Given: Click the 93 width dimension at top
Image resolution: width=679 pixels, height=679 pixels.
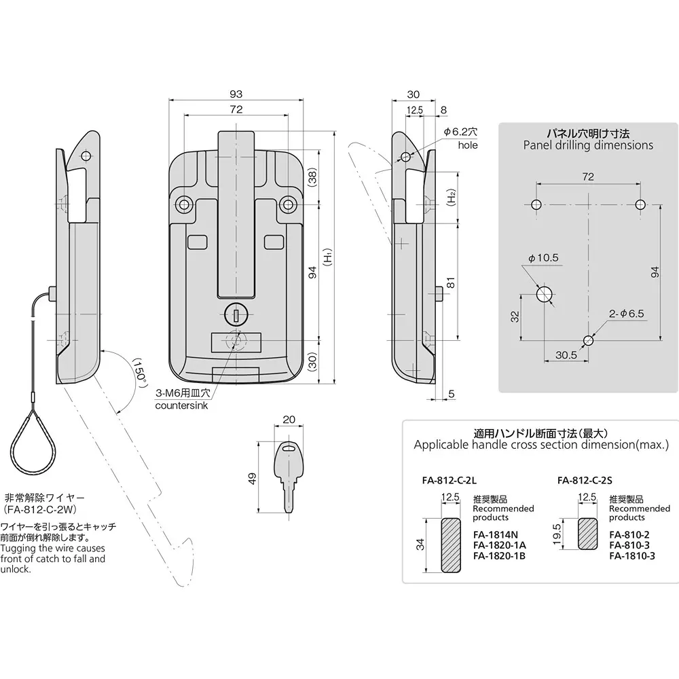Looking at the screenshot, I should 236,94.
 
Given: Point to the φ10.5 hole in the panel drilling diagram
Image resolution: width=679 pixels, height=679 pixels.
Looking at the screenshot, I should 545,294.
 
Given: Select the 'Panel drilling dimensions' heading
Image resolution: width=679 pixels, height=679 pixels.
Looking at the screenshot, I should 588,145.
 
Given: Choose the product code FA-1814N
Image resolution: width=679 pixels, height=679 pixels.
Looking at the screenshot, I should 496,534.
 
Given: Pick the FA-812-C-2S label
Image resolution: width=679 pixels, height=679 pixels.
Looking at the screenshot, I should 585,479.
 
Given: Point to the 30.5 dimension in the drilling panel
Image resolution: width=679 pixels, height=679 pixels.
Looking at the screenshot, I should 565,354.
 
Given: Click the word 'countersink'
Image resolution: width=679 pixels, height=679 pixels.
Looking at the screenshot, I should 183,405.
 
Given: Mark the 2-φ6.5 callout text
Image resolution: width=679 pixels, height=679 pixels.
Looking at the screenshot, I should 625,314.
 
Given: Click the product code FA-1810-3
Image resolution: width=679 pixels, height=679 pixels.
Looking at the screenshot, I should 631,555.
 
